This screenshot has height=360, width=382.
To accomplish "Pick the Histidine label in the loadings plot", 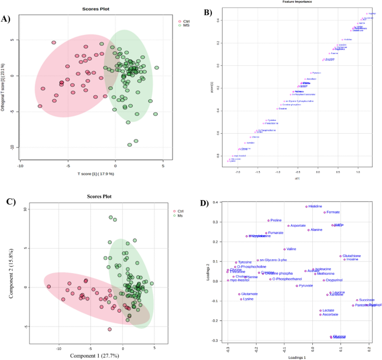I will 315,206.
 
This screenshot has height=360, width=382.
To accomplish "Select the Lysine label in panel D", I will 248,299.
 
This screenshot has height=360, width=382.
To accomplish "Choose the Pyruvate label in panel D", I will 306,286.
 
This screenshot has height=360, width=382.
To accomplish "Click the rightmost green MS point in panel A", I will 157,68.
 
